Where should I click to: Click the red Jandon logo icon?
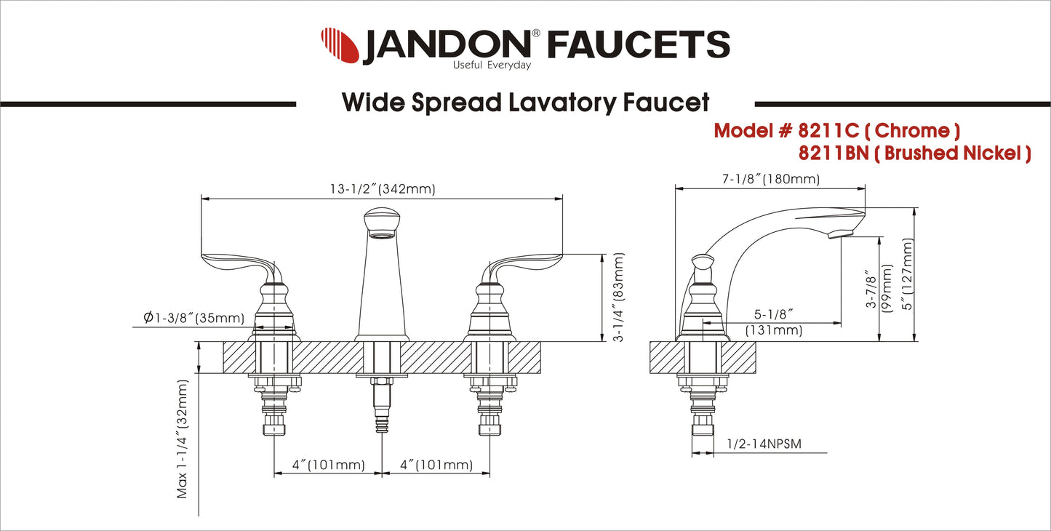click(x=339, y=45)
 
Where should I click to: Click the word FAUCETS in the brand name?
click(x=638, y=45)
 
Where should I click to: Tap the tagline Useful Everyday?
click(x=492, y=65)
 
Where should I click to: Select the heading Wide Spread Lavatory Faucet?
click(x=525, y=103)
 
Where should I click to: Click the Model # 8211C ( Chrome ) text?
click(x=836, y=131)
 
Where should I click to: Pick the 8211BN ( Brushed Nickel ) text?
click(x=914, y=153)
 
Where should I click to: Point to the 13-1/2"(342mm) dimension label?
click(x=381, y=189)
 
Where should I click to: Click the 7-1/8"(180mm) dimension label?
click(x=771, y=179)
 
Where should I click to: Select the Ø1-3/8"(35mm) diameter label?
click(x=193, y=318)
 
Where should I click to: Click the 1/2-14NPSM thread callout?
click(x=763, y=444)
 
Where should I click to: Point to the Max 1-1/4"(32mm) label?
click(x=183, y=439)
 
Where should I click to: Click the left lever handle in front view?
click(x=236, y=263)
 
